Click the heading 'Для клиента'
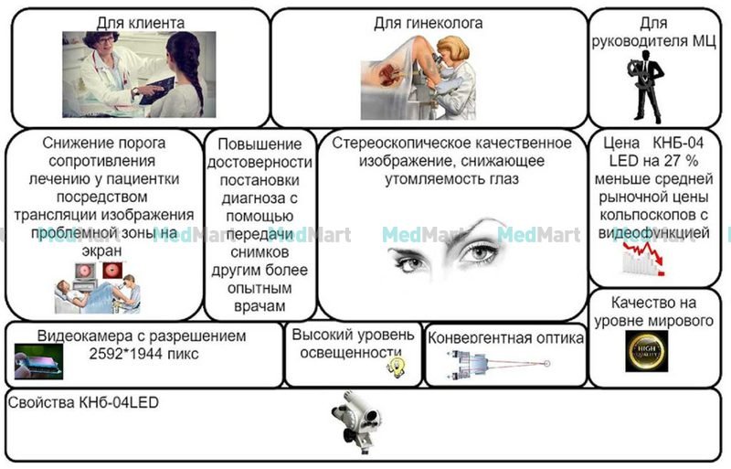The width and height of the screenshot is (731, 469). tap(141, 23)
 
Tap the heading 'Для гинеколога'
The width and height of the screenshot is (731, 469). tap(428, 23)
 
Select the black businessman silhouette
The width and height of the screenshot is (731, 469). tap(646, 87)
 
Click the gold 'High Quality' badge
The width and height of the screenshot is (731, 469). tap(646, 351)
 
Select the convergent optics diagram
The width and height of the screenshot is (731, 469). tap(499, 365)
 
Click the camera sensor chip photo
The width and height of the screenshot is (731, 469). tap(38, 361)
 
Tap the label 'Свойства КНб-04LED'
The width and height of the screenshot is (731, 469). tap(83, 402)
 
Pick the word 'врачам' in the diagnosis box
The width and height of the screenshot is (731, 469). tap(260, 306)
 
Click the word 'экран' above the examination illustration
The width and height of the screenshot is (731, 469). tap(101, 251)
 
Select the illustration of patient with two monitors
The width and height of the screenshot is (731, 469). tap(98, 287)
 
